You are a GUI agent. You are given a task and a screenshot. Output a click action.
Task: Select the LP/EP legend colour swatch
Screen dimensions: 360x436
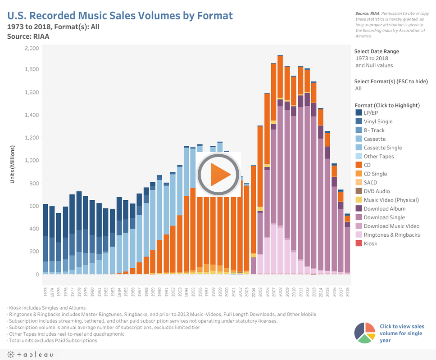[359, 112]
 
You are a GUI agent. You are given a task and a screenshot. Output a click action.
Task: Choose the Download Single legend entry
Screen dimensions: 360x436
[384, 217]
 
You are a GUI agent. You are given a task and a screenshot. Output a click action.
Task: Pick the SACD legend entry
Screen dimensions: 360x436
[371, 182]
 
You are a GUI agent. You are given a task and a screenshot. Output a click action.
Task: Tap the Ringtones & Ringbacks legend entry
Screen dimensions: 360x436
[391, 235]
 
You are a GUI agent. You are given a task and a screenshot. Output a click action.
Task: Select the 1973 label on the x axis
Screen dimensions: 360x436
[45, 292]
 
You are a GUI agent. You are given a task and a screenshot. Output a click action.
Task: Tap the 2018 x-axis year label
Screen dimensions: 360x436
[347, 292]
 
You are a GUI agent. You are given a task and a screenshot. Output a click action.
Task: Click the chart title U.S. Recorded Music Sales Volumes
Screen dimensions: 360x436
[120, 16]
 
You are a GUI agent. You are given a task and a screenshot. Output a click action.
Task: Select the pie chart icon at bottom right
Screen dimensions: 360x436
[365, 333]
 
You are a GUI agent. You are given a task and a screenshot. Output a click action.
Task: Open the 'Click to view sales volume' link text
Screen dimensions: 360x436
[401, 333]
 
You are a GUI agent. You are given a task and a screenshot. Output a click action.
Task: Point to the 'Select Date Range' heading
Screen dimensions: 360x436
[376, 51]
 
